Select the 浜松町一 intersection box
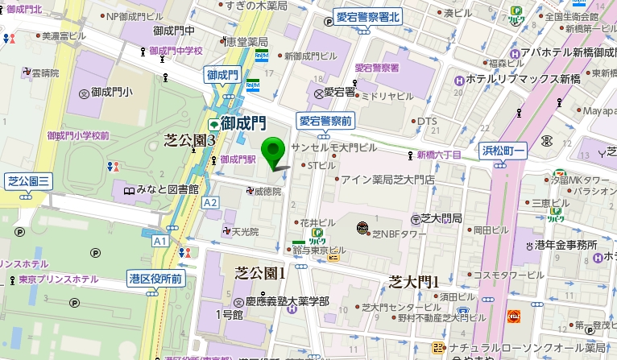point(503,150)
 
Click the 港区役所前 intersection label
point(155,279)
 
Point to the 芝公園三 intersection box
point(28,181)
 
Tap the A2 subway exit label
point(211,202)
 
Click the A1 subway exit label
point(159,240)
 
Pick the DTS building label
point(426,122)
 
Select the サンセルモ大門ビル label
point(333,149)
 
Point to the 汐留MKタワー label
point(580,179)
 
